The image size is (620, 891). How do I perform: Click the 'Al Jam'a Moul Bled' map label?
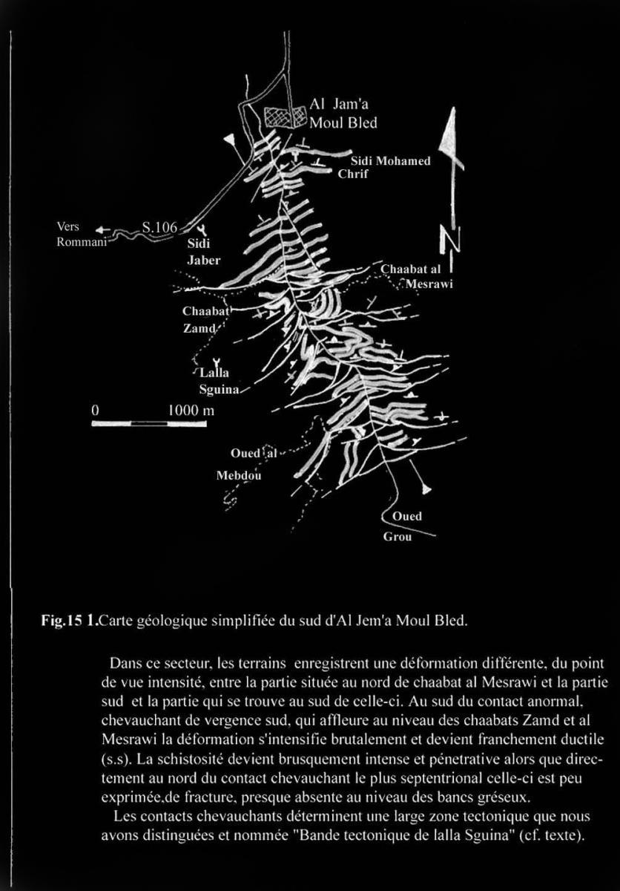pyautogui.click(x=343, y=114)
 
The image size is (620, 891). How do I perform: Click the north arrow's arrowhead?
pyautogui.click(x=452, y=137)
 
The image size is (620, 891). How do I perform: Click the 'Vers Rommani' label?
pyautogui.click(x=78, y=235)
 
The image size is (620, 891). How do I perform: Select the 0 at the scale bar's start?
pyautogui.click(x=95, y=409)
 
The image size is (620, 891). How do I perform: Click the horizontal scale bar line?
pyautogui.click(x=148, y=423)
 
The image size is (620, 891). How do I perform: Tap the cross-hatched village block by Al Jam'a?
pyautogui.click(x=285, y=116)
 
